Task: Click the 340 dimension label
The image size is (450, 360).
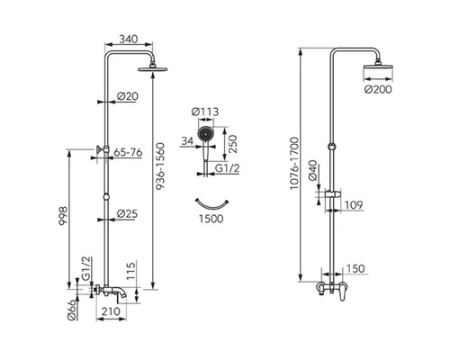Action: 129,39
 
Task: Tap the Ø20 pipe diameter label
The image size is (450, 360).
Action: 128,96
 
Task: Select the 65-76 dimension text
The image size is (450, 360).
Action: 128,152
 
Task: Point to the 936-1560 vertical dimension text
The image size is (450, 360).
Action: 160,166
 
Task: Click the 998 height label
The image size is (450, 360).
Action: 63,216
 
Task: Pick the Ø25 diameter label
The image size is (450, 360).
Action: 127,213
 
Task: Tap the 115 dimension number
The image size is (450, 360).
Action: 130,271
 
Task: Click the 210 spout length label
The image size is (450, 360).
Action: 111,311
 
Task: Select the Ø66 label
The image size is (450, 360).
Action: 72,310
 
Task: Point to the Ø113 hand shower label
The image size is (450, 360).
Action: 205,112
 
